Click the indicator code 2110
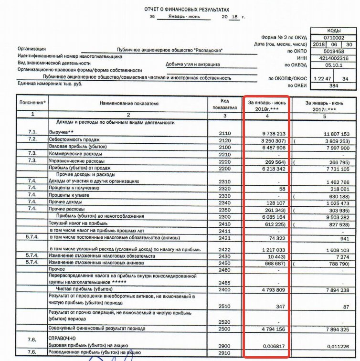(225, 133)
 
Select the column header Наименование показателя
(129, 103)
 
